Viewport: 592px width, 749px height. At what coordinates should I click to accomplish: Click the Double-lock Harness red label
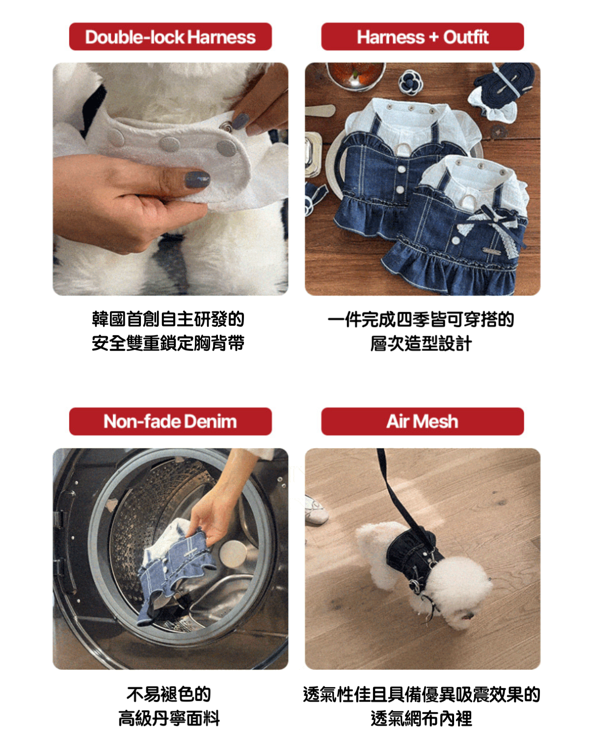(x=170, y=36)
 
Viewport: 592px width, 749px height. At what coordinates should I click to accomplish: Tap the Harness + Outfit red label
(x=422, y=36)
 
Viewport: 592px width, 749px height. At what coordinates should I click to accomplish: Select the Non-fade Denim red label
(x=170, y=421)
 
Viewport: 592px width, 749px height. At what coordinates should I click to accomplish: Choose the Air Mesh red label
(x=422, y=421)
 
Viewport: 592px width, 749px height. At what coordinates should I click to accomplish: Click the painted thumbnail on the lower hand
(x=197, y=179)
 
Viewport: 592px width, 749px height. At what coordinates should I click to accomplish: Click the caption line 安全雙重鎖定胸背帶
(x=168, y=344)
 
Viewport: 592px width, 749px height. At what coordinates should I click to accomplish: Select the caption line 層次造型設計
(x=421, y=344)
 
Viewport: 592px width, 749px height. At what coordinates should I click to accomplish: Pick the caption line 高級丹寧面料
(x=169, y=719)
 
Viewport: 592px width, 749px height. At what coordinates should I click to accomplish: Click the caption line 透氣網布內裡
(x=422, y=719)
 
